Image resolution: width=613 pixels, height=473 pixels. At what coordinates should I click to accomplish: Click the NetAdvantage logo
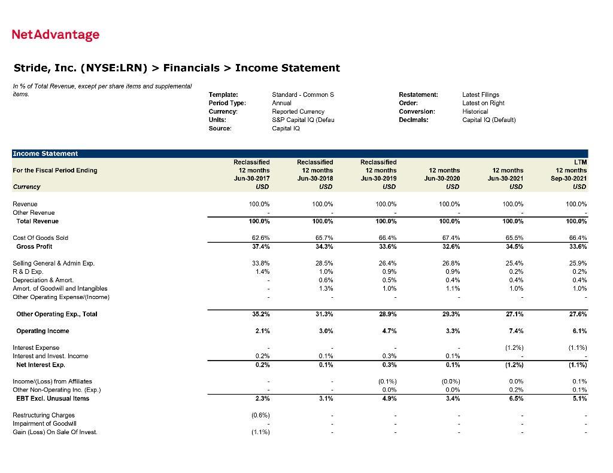pos(56,35)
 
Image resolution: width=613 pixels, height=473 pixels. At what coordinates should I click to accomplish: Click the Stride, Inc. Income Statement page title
pos(177,68)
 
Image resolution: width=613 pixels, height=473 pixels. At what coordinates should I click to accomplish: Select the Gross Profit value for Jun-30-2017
pos(259,246)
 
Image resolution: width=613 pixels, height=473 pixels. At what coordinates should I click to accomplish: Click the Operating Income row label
pos(43,331)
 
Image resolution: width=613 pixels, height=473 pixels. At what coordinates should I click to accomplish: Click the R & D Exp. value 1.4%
pos(262,271)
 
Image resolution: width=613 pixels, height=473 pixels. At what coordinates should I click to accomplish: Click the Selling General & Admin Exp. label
pos(53,263)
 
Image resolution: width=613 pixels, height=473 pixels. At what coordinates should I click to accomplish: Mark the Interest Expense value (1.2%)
pos(512,347)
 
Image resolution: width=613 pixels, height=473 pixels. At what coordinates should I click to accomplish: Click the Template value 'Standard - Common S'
pos(303,94)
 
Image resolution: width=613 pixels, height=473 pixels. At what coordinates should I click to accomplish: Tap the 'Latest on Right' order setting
pos(483,103)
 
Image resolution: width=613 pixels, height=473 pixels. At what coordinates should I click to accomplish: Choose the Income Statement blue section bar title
pos(45,154)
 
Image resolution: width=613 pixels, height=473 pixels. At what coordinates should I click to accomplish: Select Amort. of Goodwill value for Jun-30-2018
pos(325,288)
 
